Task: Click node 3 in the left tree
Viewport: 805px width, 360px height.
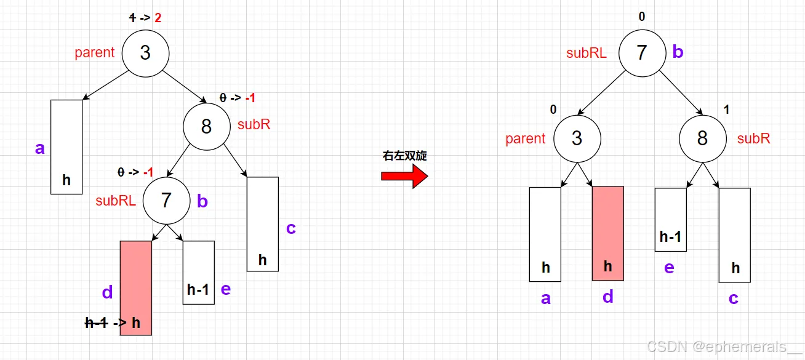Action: [x=145, y=53]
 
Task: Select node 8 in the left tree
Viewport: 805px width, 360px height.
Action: [x=206, y=126]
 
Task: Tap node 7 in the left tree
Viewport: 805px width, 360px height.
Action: [x=166, y=200]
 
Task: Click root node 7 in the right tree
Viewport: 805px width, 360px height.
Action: [x=642, y=52]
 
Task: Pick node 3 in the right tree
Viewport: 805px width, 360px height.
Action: [x=577, y=138]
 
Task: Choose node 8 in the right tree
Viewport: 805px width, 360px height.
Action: [x=702, y=138]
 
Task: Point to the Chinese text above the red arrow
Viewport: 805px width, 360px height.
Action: [x=404, y=156]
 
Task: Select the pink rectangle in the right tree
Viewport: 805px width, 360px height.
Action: [x=608, y=233]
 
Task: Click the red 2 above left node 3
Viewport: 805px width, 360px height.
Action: [x=158, y=18]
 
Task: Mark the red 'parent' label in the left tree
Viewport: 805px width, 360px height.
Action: [x=95, y=53]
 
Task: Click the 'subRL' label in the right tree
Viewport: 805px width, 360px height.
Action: [x=587, y=53]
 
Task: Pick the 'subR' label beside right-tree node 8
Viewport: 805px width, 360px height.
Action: [x=754, y=138]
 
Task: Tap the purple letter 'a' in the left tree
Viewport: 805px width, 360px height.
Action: [x=40, y=148]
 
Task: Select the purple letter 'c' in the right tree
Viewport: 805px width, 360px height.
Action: [x=734, y=298]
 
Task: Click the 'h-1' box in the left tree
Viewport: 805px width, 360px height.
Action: [x=199, y=272]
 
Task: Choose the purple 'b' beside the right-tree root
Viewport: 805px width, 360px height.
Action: [x=678, y=52]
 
